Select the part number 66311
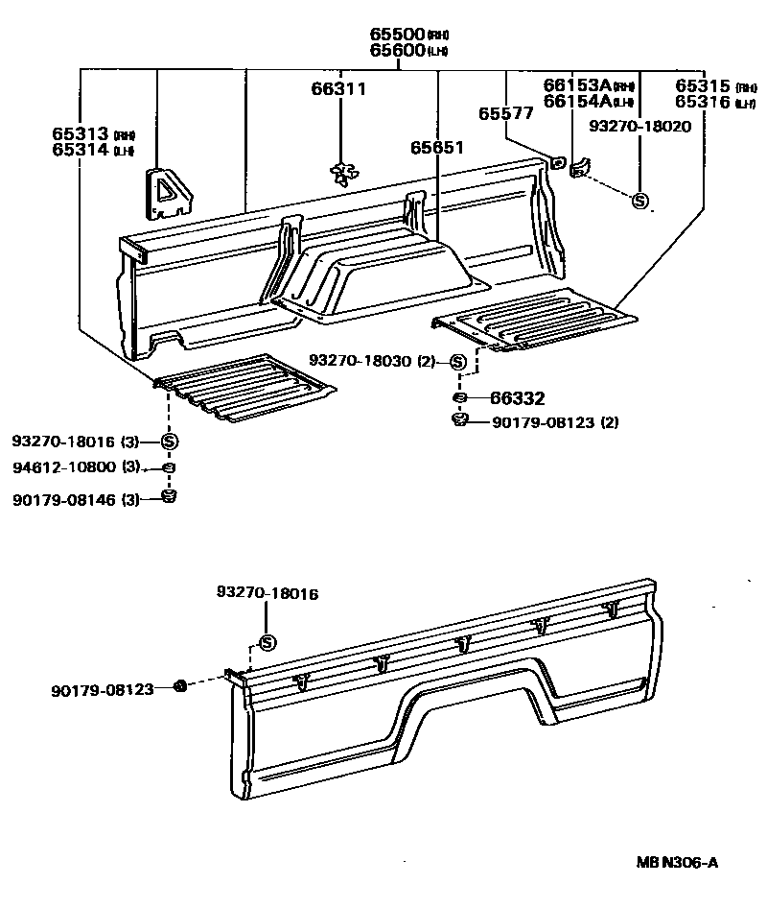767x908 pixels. tap(337, 89)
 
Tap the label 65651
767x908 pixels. tap(437, 148)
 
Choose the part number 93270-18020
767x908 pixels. tap(639, 126)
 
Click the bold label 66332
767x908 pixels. tap(517, 397)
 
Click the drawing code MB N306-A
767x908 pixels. tap(677, 862)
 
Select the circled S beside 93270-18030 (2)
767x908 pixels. tap(457, 362)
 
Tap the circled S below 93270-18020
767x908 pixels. tap(639, 201)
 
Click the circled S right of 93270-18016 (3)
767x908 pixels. tap(169, 442)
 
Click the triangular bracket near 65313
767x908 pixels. tap(167, 191)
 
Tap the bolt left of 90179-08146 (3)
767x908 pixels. tap(169, 496)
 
